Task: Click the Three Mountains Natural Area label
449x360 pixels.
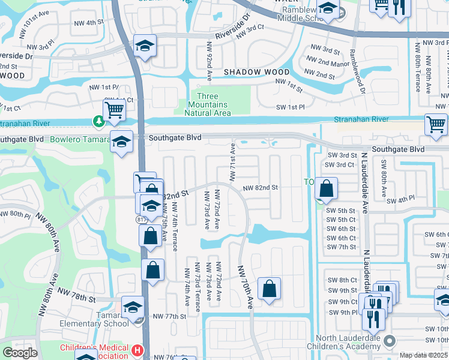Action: [x=207, y=104]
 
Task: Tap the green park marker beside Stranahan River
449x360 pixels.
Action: [x=98, y=122]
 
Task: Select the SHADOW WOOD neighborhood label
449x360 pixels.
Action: [x=256, y=72]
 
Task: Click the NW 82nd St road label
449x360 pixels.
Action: [x=261, y=188]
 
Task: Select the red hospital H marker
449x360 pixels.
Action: [x=137, y=350]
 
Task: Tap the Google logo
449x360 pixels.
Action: [x=20, y=353]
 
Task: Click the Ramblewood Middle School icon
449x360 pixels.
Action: [x=328, y=8]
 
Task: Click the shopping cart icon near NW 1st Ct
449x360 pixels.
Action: [x=114, y=110]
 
